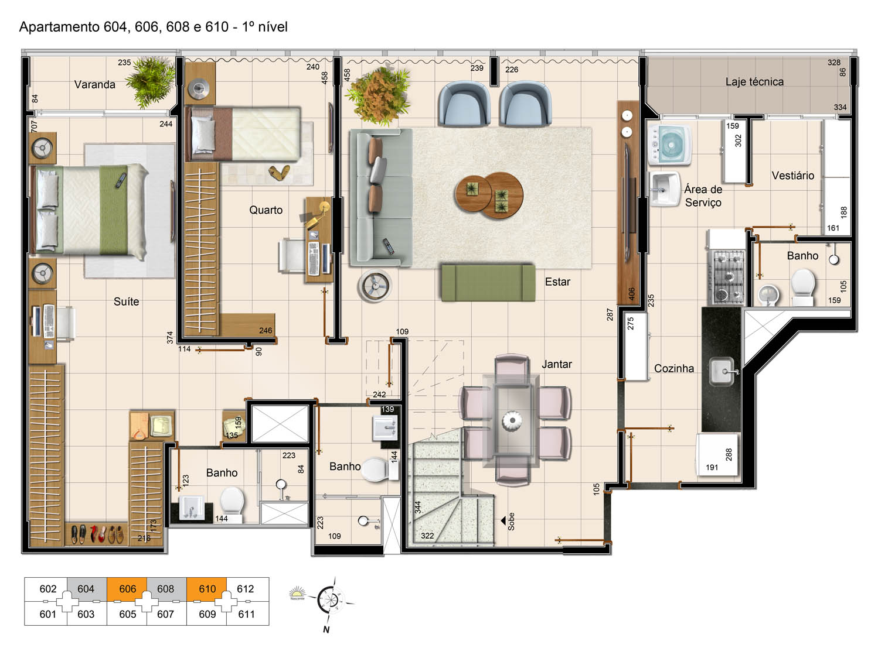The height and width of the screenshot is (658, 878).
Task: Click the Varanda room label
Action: tap(95, 85)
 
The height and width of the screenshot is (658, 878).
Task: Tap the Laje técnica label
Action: tap(754, 82)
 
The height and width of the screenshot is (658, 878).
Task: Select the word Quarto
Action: tap(266, 210)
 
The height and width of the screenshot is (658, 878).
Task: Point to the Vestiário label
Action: tap(793, 176)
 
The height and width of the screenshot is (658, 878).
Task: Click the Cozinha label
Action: tap(674, 368)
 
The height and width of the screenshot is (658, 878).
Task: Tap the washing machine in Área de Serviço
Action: tap(669, 145)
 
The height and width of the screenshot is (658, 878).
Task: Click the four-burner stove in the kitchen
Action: tap(726, 276)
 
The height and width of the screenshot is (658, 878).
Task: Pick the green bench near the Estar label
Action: tap(488, 282)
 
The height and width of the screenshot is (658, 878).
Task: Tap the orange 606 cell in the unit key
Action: tap(127, 589)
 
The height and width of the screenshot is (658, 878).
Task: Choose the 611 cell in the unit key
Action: tap(246, 614)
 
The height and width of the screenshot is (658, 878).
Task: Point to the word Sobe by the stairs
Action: tap(511, 522)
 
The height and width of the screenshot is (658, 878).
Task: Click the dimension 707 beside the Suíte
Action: tap(34, 126)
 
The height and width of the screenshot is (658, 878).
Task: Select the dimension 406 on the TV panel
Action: tap(632, 294)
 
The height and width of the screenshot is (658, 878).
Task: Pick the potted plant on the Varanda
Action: tap(151, 82)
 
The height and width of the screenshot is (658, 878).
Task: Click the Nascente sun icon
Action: tap(297, 592)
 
